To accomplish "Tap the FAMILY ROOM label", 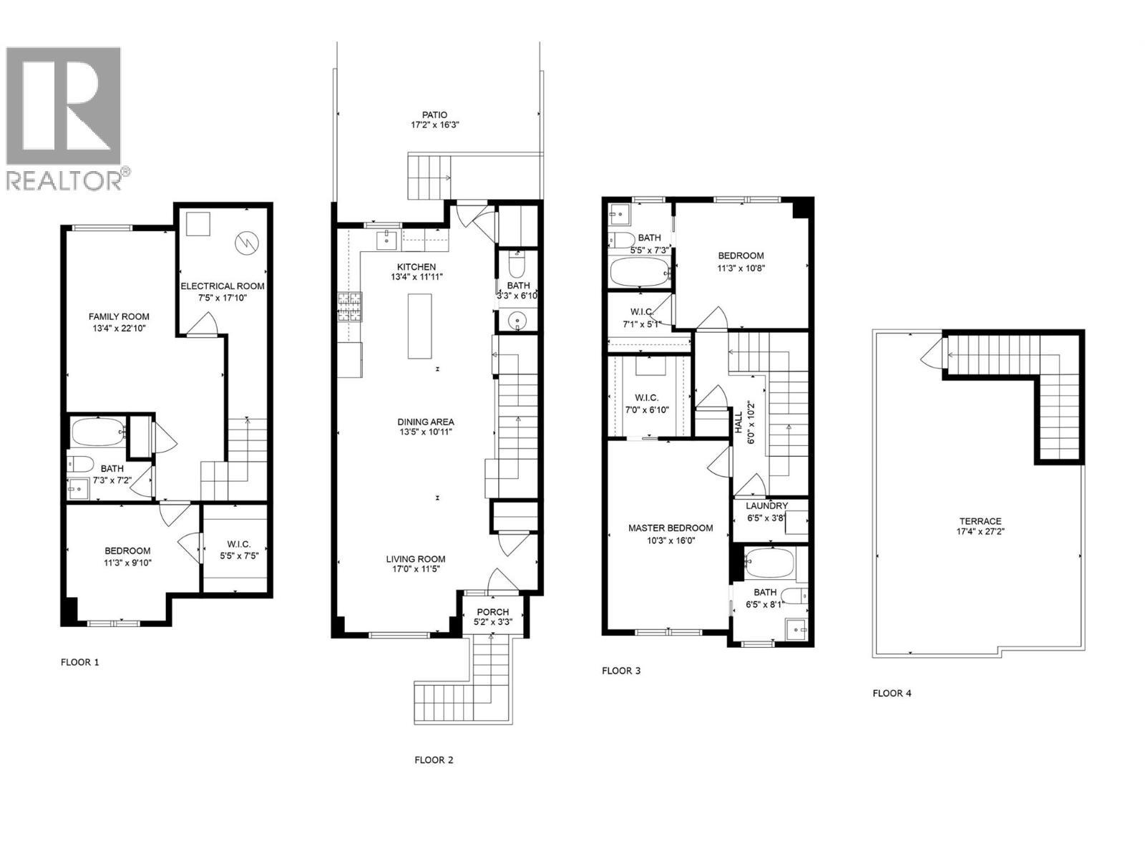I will (x=119, y=316).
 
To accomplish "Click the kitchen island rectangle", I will (x=420, y=326).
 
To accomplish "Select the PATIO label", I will (x=434, y=115).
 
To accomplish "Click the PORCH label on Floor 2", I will (x=492, y=612).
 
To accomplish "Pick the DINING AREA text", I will (x=427, y=422).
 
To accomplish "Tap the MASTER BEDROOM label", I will (x=671, y=528).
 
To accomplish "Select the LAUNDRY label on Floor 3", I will (x=766, y=506).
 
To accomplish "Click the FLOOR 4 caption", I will (x=892, y=693).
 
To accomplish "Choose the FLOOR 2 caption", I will (x=434, y=760).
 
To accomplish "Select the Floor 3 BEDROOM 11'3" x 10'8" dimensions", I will (x=741, y=268).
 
